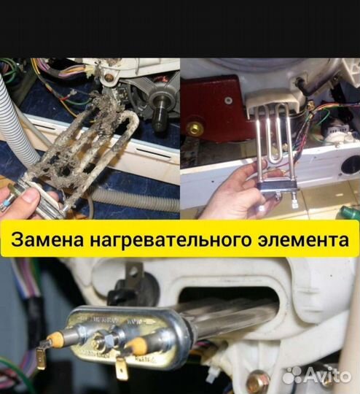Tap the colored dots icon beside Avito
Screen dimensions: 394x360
292,375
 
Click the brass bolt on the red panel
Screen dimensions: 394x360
195,128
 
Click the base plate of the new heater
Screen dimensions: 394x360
276,190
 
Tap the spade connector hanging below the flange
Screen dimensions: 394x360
121,368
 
